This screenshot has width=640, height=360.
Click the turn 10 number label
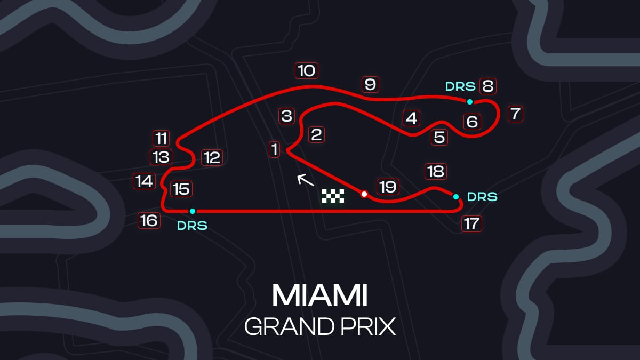point(307,70)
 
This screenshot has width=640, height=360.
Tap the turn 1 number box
point(275,149)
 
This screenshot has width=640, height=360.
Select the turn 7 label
point(515,114)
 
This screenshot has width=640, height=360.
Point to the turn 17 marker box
point(471,223)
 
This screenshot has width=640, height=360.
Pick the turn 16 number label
point(149,221)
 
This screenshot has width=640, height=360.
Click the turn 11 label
point(161,139)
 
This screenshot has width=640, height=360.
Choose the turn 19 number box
point(388,187)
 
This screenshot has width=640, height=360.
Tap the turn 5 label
point(439,138)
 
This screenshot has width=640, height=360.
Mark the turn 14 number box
point(145,181)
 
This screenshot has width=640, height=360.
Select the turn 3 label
point(286,116)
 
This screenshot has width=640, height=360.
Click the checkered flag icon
point(333,196)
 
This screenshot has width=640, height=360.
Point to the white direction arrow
point(306,180)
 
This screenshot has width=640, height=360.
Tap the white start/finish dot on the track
point(364,194)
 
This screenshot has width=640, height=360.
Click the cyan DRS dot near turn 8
point(470,102)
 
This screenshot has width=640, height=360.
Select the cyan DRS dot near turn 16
point(193,211)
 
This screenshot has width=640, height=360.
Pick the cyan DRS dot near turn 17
point(456,197)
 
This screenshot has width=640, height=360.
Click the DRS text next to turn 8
point(460,86)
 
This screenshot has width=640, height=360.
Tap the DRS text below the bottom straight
point(192,226)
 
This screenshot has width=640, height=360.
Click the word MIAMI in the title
point(319,295)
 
